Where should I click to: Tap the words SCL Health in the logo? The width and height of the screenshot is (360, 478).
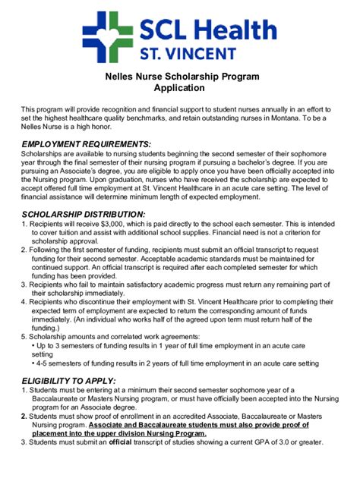(x=207, y=30)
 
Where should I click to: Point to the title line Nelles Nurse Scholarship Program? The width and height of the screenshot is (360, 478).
(x=182, y=77)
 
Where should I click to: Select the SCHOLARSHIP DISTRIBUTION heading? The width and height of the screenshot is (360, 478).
(x=84, y=215)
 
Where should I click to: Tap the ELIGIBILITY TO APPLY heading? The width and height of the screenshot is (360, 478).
(x=69, y=380)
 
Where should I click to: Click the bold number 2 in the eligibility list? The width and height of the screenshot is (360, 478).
(x=24, y=416)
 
